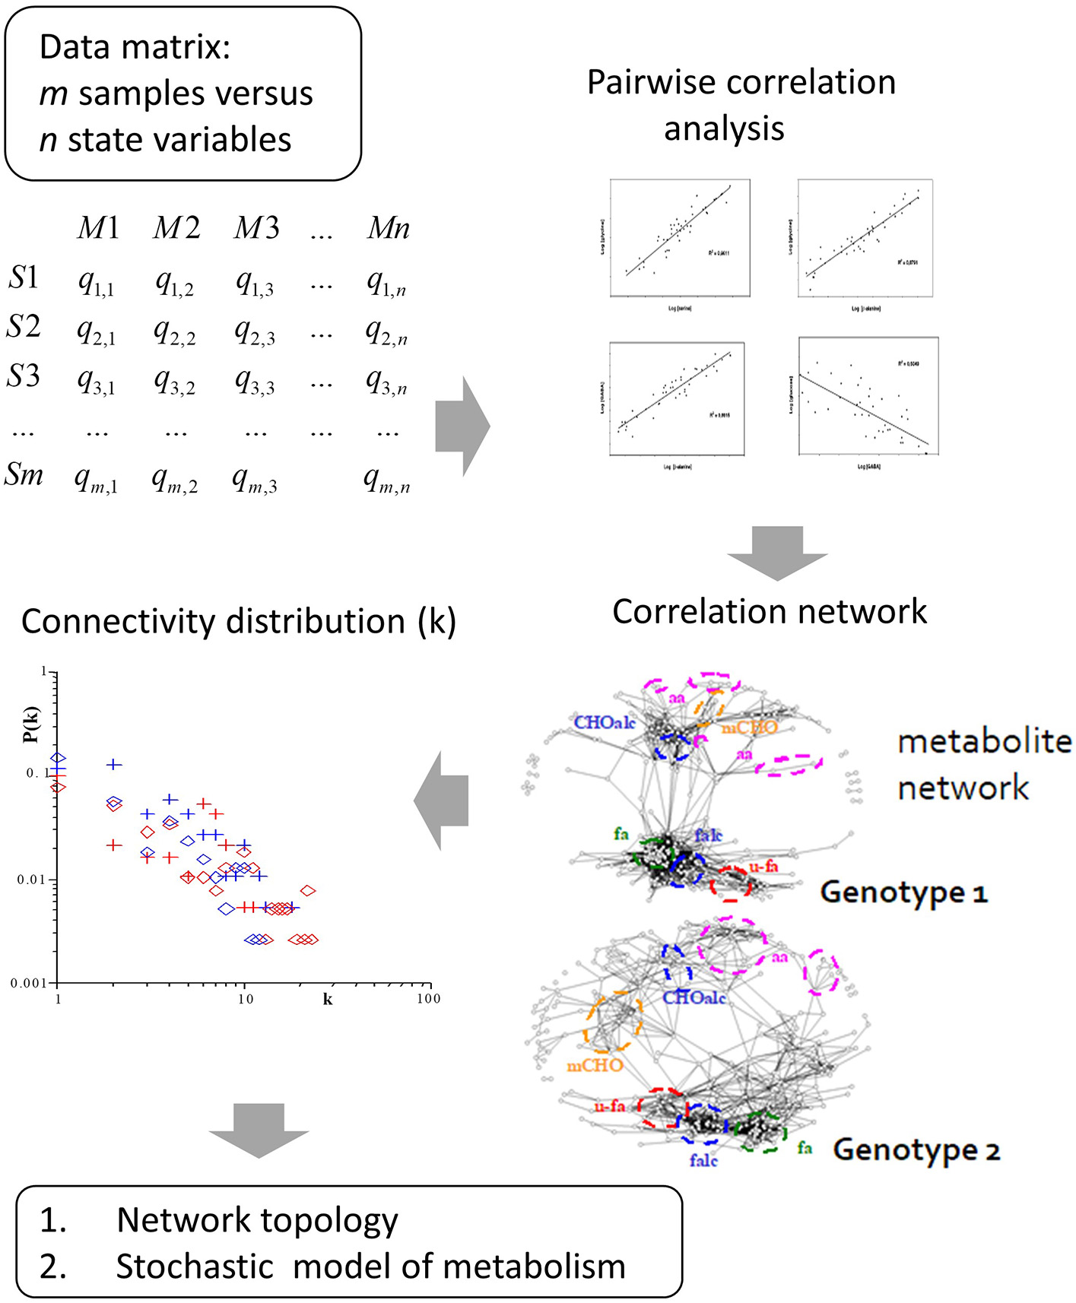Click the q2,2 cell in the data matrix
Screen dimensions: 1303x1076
coord(174,331)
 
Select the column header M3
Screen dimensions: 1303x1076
coord(256,228)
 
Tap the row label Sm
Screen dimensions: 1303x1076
coord(24,475)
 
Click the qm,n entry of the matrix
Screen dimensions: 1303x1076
coord(386,480)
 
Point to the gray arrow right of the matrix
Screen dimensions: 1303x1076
coord(462,426)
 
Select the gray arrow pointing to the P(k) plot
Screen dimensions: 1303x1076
coord(442,800)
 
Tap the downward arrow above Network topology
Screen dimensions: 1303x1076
coord(259,1130)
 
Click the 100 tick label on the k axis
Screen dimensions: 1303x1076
coord(428,999)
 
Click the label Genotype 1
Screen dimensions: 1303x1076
coord(903,892)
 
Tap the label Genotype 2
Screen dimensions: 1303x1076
coord(916,1149)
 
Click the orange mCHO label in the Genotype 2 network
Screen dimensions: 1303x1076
coord(595,1066)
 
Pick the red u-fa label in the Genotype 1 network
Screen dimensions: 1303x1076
coord(763,867)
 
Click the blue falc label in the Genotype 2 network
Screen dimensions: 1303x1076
coord(703,1161)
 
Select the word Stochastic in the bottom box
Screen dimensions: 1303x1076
coord(194,1267)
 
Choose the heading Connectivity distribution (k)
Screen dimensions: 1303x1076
coord(238,622)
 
